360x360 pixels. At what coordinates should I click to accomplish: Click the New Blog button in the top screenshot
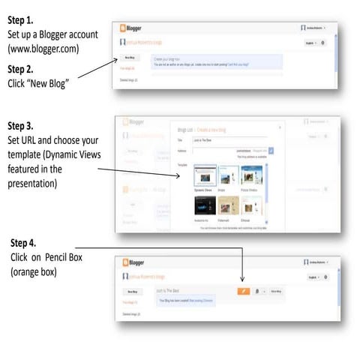pyautogui.click(x=130, y=57)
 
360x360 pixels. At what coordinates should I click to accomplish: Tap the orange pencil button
pyautogui.click(x=242, y=289)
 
